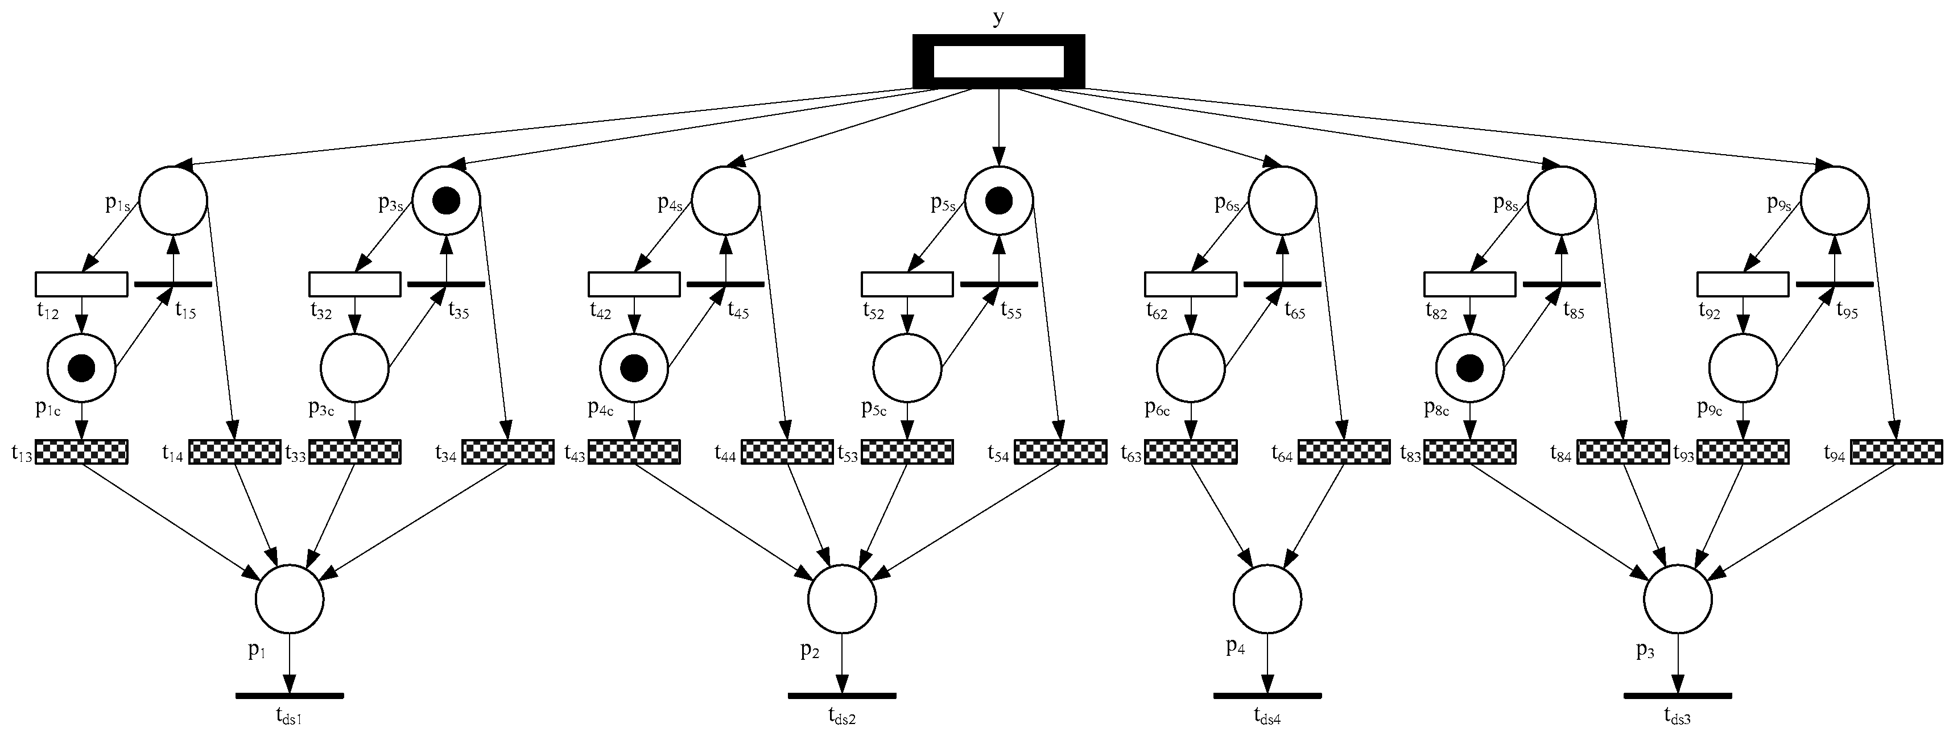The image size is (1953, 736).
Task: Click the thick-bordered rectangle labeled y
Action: click(998, 61)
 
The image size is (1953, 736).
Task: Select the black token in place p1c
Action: click(81, 369)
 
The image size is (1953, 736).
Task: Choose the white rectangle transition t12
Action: click(81, 284)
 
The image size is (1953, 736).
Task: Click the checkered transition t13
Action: click(81, 452)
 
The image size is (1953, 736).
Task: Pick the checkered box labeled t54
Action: click(1060, 452)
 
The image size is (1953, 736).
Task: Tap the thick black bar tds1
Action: click(290, 695)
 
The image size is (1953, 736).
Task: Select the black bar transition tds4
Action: click(1267, 695)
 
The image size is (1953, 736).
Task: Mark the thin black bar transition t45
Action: click(725, 284)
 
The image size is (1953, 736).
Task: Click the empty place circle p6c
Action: click(1190, 369)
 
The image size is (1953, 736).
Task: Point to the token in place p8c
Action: click(1470, 369)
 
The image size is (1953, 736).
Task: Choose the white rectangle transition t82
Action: click(1470, 284)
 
